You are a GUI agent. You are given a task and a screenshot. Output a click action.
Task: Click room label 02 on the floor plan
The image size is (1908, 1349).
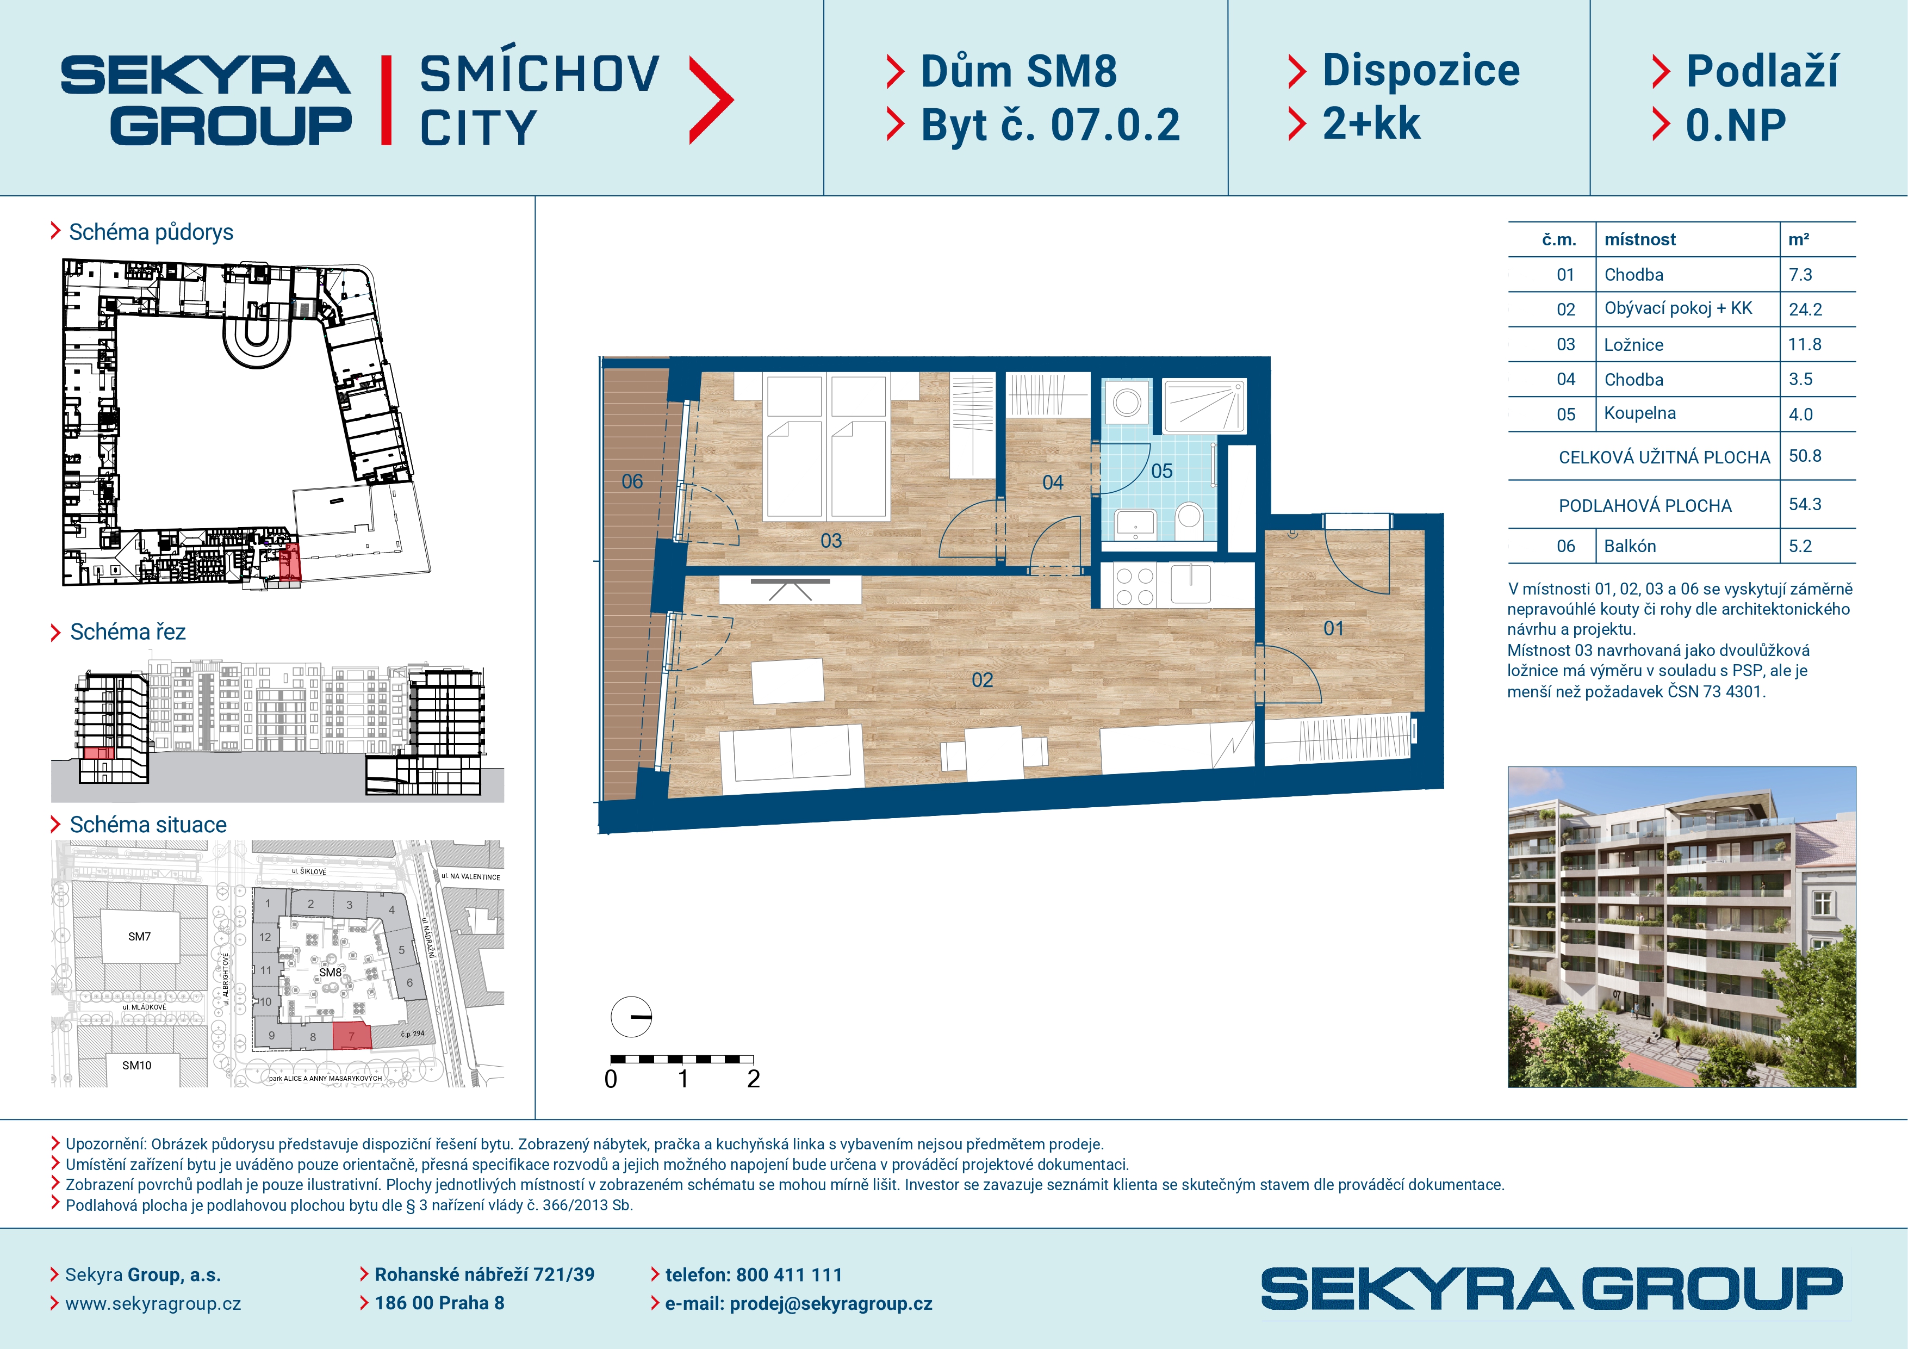click(982, 680)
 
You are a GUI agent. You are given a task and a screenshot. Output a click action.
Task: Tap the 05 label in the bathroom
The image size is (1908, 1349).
click(1162, 471)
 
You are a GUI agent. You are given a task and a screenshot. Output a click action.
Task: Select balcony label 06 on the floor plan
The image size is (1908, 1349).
click(632, 481)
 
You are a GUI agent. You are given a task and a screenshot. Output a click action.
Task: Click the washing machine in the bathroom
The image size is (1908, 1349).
click(1127, 403)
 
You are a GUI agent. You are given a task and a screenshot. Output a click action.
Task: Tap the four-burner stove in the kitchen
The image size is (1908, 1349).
click(1135, 586)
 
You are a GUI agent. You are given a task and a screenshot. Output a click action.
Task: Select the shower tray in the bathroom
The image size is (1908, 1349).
click(1204, 406)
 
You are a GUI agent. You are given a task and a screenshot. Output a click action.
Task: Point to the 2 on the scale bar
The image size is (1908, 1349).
click(754, 1079)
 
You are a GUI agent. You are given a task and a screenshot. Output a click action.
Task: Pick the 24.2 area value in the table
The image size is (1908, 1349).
click(1805, 309)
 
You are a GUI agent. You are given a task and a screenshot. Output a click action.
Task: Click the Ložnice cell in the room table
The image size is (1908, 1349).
click(1634, 345)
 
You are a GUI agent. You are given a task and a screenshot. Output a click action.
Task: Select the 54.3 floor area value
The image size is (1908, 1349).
click(1805, 505)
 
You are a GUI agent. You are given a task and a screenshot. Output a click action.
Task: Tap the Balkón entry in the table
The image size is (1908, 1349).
click(1630, 546)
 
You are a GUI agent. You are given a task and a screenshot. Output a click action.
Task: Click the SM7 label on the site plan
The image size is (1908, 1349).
click(140, 937)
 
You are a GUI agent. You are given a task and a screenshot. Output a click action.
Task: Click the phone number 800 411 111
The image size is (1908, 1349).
click(790, 1275)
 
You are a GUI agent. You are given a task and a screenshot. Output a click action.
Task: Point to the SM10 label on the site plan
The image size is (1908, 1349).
click(137, 1066)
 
